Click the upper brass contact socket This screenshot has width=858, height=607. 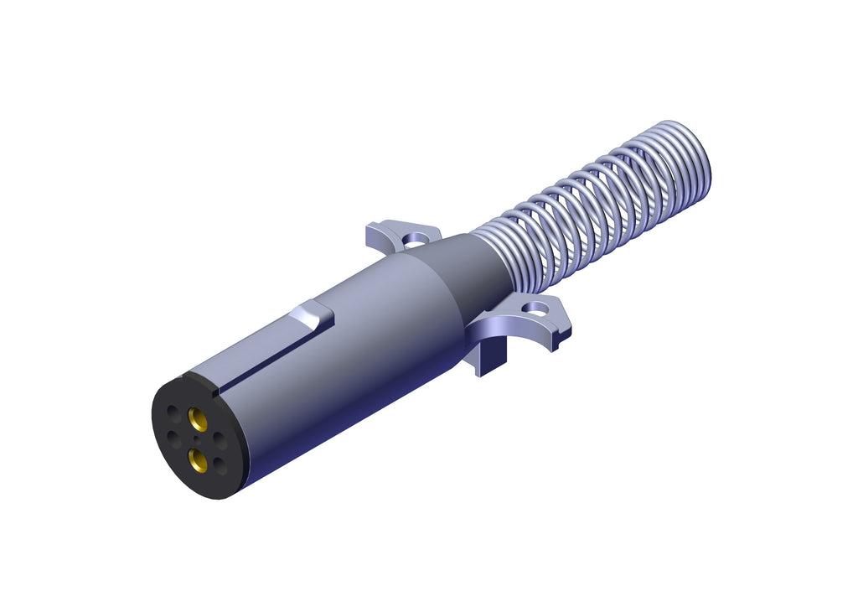(199, 418)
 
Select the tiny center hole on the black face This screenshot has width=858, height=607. (195, 438)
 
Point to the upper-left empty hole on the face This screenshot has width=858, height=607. (173, 413)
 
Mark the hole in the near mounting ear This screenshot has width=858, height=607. (533, 309)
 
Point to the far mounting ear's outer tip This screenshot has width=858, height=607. (374, 227)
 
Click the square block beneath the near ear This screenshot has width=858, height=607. (490, 361)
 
